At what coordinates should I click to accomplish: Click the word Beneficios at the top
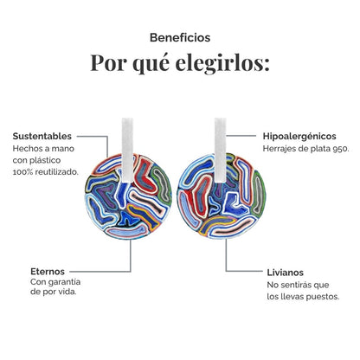[180, 37]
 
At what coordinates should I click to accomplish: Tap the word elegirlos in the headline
[222, 63]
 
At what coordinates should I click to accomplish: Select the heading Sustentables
[42, 136]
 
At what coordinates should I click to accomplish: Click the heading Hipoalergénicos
[299, 137]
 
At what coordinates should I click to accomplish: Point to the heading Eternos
[48, 272]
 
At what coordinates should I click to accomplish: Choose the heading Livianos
[285, 273]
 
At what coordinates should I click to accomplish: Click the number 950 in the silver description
[341, 149]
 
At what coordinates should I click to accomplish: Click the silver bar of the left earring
[127, 150]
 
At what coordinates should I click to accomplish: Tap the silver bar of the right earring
[221, 150]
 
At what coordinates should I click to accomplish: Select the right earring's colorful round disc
[222, 196]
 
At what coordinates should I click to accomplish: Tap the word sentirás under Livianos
[297, 285]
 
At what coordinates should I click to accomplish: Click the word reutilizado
[61, 172]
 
